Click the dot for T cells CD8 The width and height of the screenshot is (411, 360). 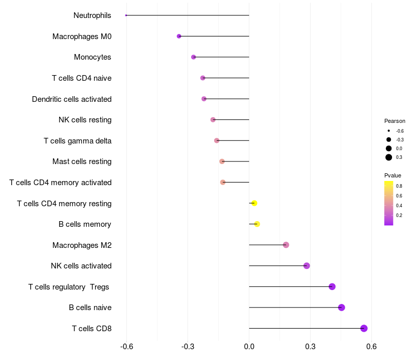point(364,328)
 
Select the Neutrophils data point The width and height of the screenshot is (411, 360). point(126,15)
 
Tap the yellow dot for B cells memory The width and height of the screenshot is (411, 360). point(257,224)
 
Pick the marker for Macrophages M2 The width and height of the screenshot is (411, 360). point(286,245)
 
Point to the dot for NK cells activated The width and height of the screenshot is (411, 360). point(307,266)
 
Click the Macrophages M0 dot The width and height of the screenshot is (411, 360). point(179,36)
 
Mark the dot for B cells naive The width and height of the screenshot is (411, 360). point(342,308)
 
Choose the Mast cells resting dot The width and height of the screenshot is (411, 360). point(222,161)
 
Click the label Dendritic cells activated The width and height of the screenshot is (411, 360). point(71,99)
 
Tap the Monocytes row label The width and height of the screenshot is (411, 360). point(92,57)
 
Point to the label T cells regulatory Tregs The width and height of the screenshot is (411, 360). point(69,286)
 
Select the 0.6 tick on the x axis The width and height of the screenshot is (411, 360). point(371,347)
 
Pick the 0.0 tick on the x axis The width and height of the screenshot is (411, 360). point(249,347)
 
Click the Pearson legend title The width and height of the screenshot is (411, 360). point(395,121)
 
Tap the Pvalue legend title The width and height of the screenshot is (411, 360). point(393,175)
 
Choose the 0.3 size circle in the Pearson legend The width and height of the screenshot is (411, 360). point(389,157)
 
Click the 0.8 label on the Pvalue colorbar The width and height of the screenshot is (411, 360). point(399,186)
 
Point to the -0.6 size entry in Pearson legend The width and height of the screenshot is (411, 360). point(389,131)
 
